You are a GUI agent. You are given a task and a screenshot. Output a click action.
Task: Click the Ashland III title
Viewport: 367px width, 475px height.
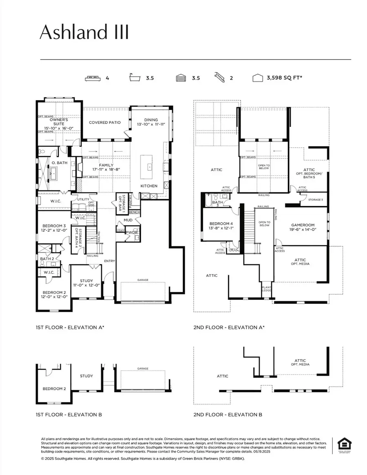coord(84,32)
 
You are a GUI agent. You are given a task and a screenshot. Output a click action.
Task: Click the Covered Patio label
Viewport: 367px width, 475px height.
coord(105,122)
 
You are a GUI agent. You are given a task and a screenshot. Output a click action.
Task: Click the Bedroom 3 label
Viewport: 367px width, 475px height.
coord(54,226)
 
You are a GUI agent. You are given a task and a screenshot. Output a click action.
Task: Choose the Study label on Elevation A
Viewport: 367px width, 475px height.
coord(86,281)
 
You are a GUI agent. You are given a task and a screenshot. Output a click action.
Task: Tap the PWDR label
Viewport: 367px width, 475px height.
coord(131,232)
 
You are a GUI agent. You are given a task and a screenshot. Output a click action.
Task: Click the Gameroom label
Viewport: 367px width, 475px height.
coord(302,225)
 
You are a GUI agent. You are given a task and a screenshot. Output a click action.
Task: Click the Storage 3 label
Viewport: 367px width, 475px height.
coord(315,200)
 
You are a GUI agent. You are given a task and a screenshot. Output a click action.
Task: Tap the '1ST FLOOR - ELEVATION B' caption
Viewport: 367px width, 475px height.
coord(69,415)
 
